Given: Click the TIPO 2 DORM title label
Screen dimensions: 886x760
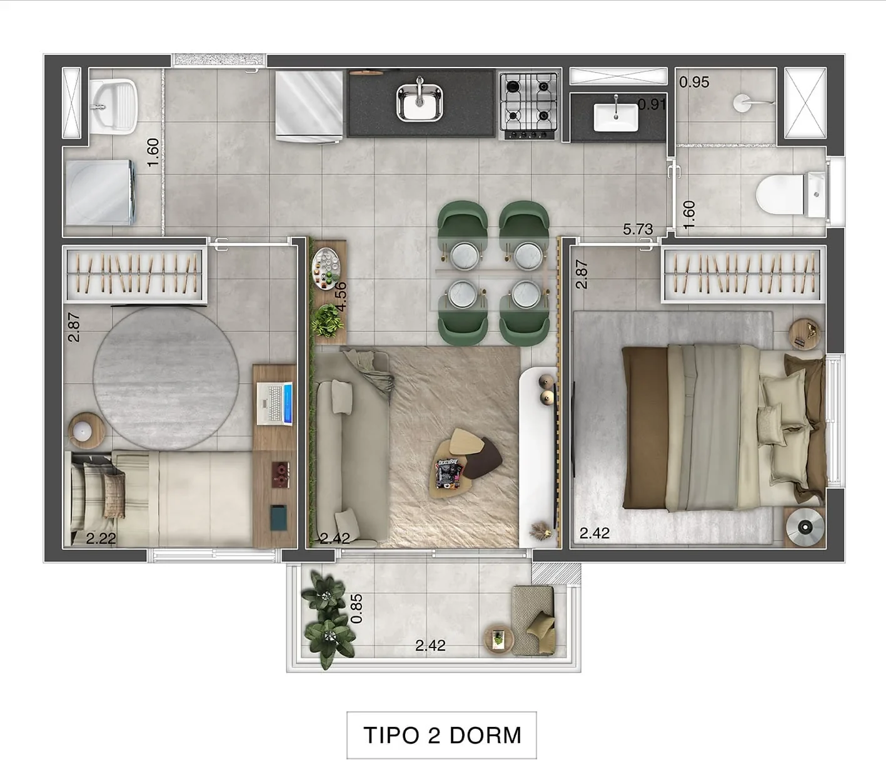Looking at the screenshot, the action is tap(442, 735).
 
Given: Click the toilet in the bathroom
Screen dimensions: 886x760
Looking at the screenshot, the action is tap(791, 194).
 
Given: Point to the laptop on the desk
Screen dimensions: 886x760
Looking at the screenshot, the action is tap(274, 404).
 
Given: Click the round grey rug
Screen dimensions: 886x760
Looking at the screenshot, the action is tap(166, 378).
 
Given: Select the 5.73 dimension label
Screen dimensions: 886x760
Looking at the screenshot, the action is tap(638, 229).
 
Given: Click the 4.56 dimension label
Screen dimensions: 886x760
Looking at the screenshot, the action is tap(341, 296).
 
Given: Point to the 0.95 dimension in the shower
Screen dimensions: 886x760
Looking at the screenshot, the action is tap(694, 82).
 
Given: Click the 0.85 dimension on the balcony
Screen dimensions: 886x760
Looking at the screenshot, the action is tap(356, 608).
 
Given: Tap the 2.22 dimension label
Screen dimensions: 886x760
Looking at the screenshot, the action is tap(101, 538).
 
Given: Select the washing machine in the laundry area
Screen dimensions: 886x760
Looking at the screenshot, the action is tap(101, 192).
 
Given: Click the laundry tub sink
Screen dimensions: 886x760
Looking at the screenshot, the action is tap(114, 106).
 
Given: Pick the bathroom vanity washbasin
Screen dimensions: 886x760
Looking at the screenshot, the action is tap(615, 116).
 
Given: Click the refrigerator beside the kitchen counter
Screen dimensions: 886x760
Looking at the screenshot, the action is tap(309, 106).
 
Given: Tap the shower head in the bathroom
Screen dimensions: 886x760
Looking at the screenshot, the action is tap(742, 103).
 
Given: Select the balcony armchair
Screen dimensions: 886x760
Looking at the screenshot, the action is tap(533, 619).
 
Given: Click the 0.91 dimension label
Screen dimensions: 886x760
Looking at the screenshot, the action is tap(652, 104).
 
